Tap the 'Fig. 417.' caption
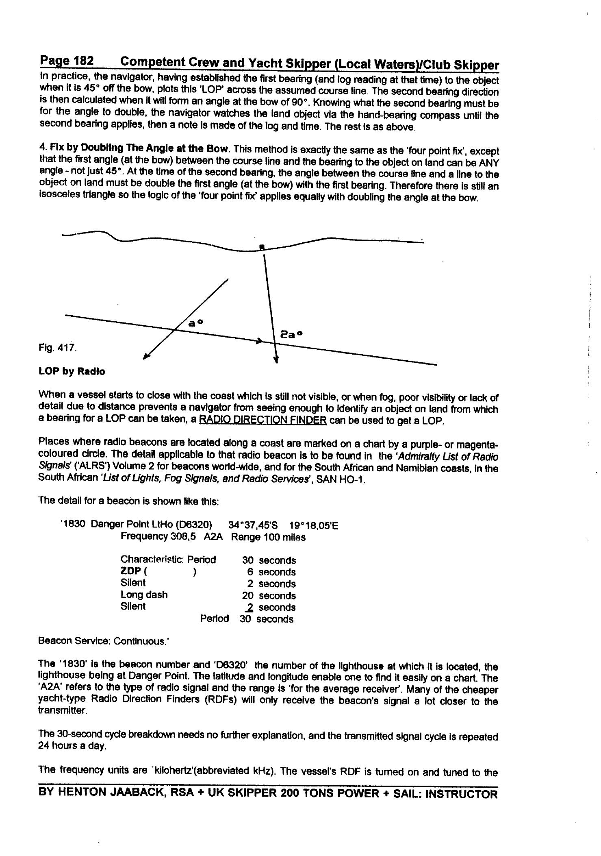pyautogui.click(x=57, y=348)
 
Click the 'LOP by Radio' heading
pyautogui.click(x=72, y=371)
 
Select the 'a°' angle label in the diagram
pyautogui.click(x=195, y=323)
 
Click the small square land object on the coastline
pyautogui.click(x=262, y=247)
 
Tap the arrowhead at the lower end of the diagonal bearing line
pyautogui.click(x=146, y=357)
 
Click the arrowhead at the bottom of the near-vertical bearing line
pyautogui.click(x=276, y=359)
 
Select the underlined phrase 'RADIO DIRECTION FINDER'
pyautogui.click(x=263, y=420)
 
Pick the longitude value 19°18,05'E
pyautogui.click(x=313, y=526)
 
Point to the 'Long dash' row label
pyautogui.click(x=144, y=595)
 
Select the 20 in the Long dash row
pyautogui.click(x=247, y=596)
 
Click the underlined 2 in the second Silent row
pyautogui.click(x=250, y=608)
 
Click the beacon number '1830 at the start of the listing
pyautogui.click(x=73, y=524)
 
